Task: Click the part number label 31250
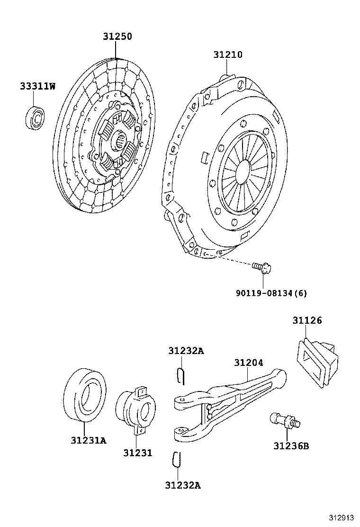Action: (117, 36)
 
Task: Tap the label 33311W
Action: (37, 86)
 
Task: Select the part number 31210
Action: (227, 55)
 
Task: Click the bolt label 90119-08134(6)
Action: (271, 293)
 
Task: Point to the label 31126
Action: (306, 320)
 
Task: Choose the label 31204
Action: (248, 363)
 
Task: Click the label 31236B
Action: (290, 445)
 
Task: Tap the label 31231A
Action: (89, 440)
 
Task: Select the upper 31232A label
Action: (186, 351)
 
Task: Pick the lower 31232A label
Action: (183, 485)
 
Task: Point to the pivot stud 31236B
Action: (284, 420)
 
